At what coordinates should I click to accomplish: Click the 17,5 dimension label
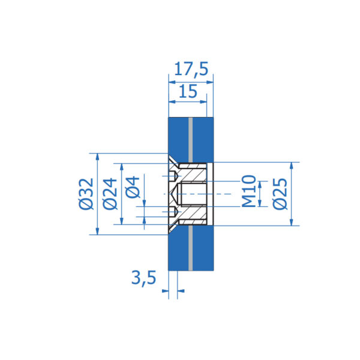pos(191,69)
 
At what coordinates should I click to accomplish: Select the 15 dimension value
pos(188,91)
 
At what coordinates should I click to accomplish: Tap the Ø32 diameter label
pos(86,194)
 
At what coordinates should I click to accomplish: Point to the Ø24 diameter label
pos(110,194)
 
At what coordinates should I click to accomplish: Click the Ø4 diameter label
pos(133,187)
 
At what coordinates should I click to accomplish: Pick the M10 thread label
pos(249,191)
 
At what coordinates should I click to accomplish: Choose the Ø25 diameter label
pos(280,194)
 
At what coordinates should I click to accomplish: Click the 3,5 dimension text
pos(144,278)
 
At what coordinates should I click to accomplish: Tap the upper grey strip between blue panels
pos(190,140)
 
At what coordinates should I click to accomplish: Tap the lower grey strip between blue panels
pos(190,248)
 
